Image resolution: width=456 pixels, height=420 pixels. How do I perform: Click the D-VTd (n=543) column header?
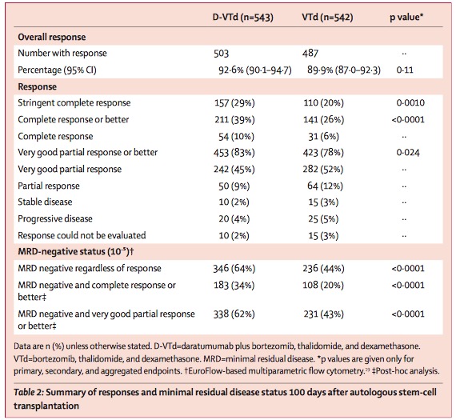[x=243, y=18]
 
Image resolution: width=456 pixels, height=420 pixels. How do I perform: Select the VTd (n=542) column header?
[x=327, y=18]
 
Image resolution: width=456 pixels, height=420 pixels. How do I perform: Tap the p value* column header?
[x=406, y=18]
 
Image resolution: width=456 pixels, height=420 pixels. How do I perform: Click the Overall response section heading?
[x=52, y=37]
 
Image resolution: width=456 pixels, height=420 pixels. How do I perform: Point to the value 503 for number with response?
[x=221, y=54]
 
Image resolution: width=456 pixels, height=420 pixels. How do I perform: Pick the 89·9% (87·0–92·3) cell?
[x=344, y=70]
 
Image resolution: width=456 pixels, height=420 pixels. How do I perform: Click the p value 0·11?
[x=405, y=70]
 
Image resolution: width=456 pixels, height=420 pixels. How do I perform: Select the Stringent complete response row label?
[x=74, y=103]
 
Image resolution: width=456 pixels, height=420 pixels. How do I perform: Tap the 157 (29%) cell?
[x=234, y=103]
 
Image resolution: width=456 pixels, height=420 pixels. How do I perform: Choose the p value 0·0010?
[x=410, y=103]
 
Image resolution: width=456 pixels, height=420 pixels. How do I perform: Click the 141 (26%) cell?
[x=324, y=119]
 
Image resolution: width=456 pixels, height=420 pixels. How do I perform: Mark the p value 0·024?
[x=408, y=153]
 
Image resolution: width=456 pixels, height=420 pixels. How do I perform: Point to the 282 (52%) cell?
[x=323, y=170]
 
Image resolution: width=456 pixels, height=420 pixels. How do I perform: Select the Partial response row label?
[x=49, y=186]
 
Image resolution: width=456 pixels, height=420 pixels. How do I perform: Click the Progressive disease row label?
[x=55, y=218]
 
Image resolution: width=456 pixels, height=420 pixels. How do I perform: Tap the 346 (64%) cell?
[x=234, y=269]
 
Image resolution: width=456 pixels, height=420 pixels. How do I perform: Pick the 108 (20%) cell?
[x=323, y=285]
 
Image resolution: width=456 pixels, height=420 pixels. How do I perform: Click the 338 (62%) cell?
[x=234, y=314]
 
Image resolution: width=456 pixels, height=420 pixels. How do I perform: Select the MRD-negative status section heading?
[x=76, y=251]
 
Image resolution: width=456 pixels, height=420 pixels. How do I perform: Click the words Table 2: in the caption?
[x=29, y=392]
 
